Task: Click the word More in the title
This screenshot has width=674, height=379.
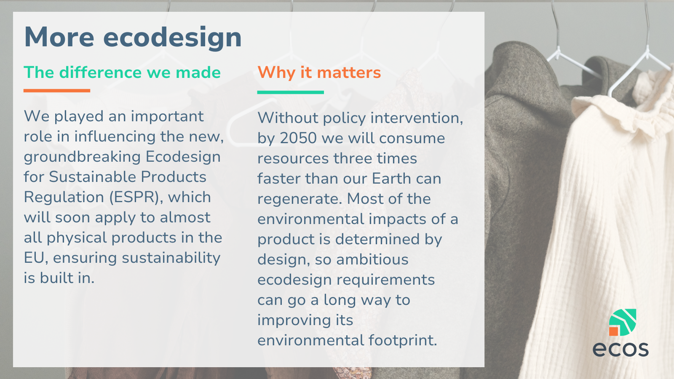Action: (59, 37)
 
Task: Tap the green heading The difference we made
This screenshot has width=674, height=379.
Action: (122, 72)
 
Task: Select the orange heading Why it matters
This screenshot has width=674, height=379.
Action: (319, 73)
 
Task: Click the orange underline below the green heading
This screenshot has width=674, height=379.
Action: (57, 91)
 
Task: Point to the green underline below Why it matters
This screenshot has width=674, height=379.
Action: (290, 92)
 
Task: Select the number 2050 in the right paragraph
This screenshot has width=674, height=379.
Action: (298, 139)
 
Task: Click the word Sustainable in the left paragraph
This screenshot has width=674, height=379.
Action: (92, 177)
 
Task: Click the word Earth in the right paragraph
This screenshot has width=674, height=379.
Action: (390, 179)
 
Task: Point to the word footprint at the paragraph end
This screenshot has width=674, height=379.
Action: (403, 341)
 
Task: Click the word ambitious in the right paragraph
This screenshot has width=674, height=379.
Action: (372, 259)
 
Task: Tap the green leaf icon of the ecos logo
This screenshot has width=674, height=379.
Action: (623, 322)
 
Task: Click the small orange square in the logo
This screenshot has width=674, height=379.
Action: (613, 331)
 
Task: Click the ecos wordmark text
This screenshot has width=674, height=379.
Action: (621, 349)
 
